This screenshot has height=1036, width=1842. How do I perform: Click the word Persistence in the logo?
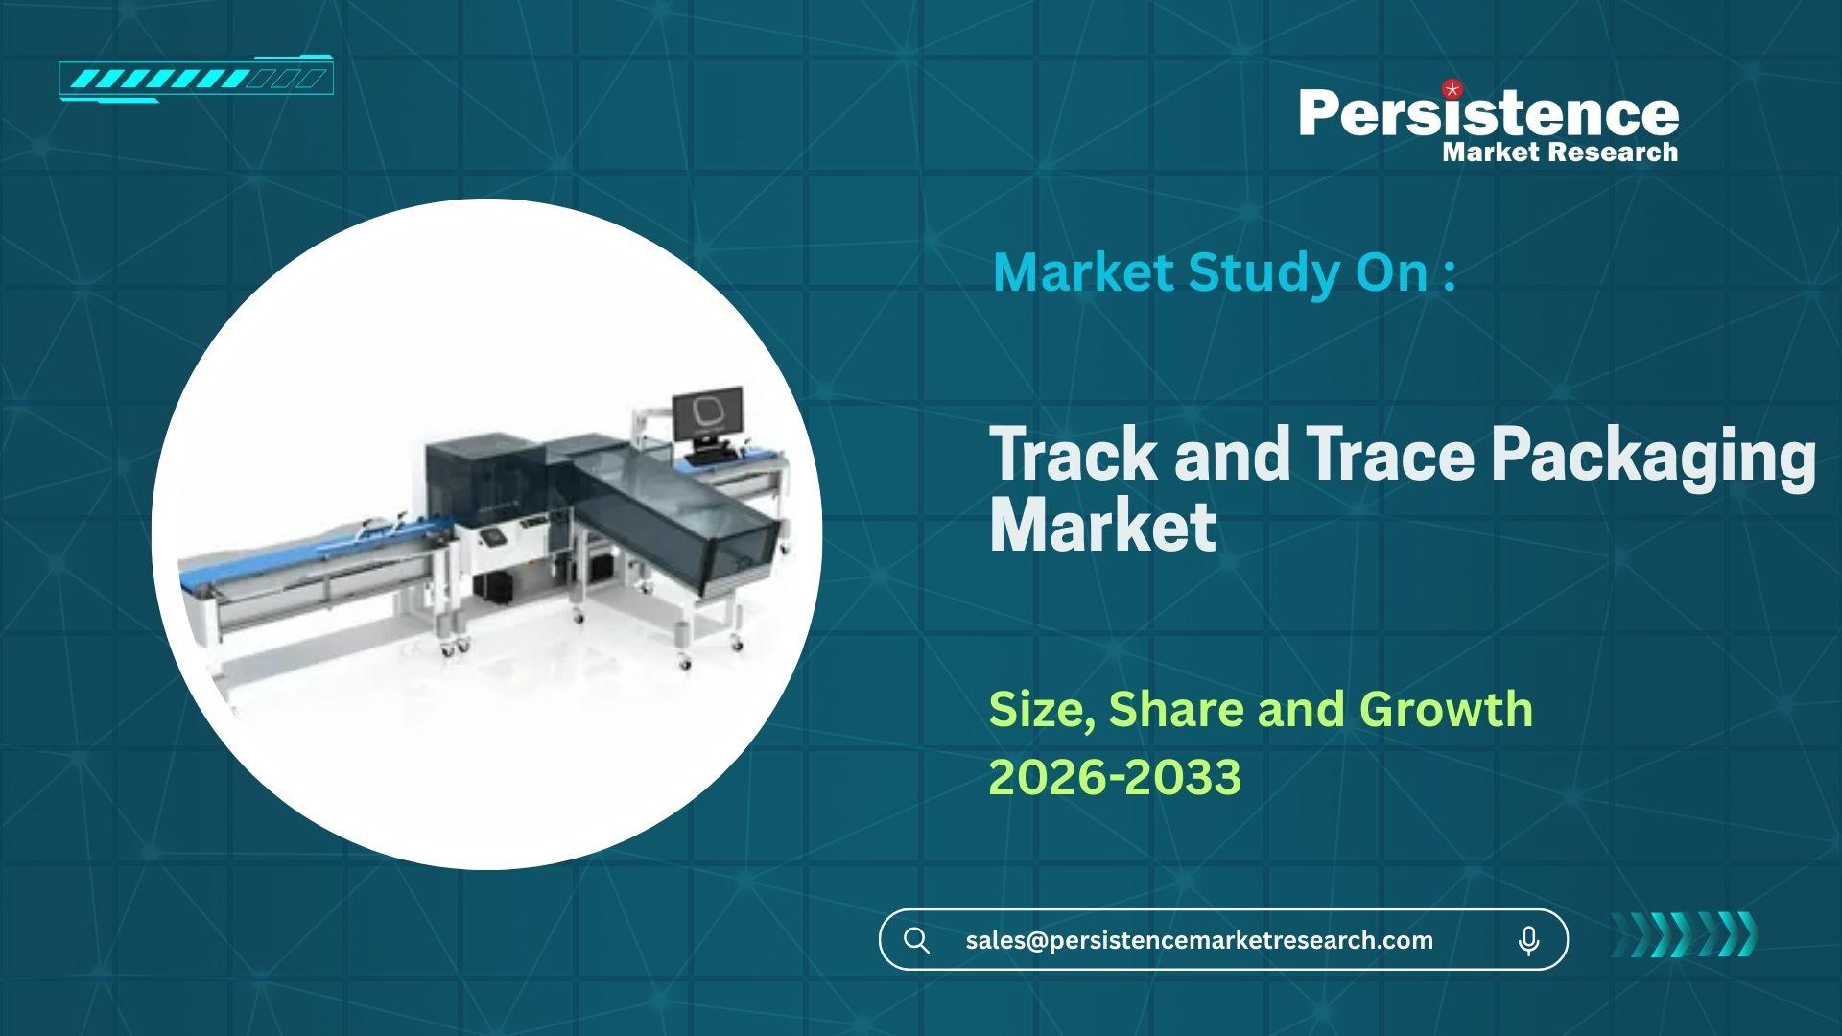tap(1489, 113)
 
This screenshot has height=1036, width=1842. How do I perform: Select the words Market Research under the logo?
tap(1560, 152)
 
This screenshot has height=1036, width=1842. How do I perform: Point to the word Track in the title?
tap(1074, 455)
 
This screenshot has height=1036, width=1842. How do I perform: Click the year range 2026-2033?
tap(1115, 777)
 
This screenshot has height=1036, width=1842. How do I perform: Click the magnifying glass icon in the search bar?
tap(917, 940)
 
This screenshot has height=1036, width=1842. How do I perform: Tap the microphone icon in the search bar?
tap(1529, 941)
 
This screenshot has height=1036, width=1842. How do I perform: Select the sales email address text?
tap(1199, 940)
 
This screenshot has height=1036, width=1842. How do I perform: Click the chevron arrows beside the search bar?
tap(1684, 934)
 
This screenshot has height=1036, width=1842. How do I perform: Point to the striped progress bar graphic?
tap(196, 79)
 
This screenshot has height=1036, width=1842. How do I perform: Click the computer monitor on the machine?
tap(707, 415)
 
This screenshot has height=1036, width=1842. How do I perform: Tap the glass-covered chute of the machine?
tap(676, 516)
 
